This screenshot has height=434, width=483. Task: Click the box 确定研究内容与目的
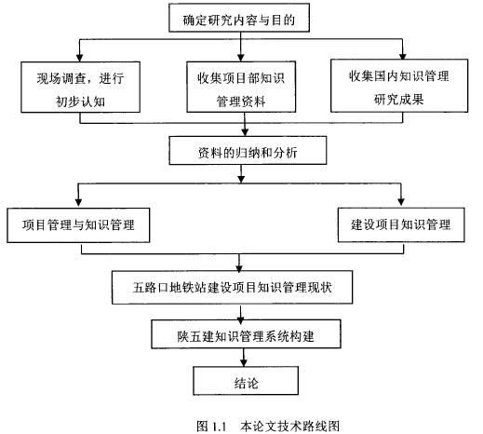click(x=239, y=18)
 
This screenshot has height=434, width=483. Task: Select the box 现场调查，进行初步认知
click(x=80, y=87)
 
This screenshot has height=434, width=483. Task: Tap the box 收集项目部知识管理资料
click(x=241, y=87)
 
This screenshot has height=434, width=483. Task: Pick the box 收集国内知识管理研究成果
click(x=399, y=86)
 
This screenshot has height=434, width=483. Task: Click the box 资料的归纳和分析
click(x=248, y=150)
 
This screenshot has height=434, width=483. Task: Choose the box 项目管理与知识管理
click(x=78, y=225)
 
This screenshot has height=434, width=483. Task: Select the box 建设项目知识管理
click(x=401, y=224)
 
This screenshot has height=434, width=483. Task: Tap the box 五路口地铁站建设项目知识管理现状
click(x=232, y=287)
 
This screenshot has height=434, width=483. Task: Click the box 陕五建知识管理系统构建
click(x=246, y=334)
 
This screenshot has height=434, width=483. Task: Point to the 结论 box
click(x=246, y=381)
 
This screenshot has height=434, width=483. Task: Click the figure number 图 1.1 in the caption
click(x=211, y=426)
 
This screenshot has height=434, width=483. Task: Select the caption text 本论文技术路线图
click(x=289, y=426)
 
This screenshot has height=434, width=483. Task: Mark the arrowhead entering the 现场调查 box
click(x=80, y=58)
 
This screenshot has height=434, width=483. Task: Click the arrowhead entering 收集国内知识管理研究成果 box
click(x=403, y=56)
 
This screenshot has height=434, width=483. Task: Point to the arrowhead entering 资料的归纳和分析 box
click(x=245, y=132)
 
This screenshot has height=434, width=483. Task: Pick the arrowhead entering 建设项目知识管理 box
click(x=401, y=202)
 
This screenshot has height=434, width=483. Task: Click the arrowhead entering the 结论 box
click(x=244, y=362)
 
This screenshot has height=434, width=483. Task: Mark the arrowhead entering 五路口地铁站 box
click(x=239, y=268)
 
